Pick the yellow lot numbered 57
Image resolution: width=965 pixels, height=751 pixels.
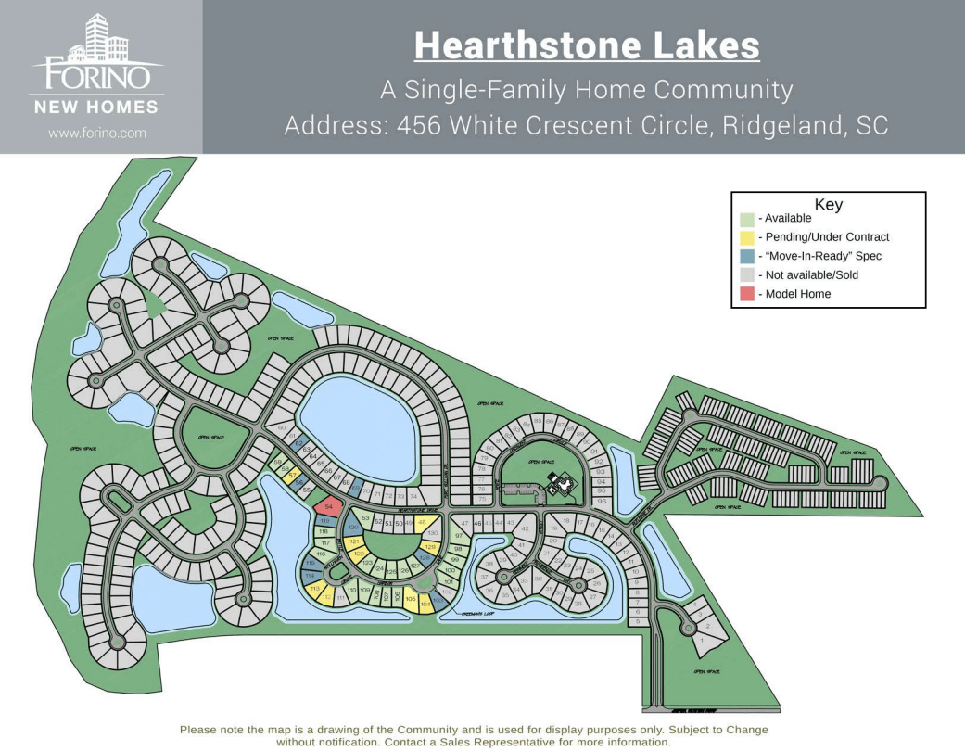[292, 476]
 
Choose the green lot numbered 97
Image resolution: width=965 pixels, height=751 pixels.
[458, 536]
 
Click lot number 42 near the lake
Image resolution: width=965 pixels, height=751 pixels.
[525, 528]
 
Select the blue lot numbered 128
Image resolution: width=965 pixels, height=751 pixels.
[427, 559]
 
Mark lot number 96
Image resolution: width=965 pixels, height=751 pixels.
[601, 502]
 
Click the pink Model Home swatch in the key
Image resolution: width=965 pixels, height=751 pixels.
[746, 294]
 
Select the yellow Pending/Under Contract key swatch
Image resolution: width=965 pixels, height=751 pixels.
[746, 237]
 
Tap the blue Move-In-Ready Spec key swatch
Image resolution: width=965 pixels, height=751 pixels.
[746, 256]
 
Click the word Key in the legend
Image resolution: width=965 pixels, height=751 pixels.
[828, 205]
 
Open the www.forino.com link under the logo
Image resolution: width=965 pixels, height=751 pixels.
[97, 133]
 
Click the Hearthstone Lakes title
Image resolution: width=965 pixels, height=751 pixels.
[587, 45]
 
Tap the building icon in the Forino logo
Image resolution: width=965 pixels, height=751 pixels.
[105, 36]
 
